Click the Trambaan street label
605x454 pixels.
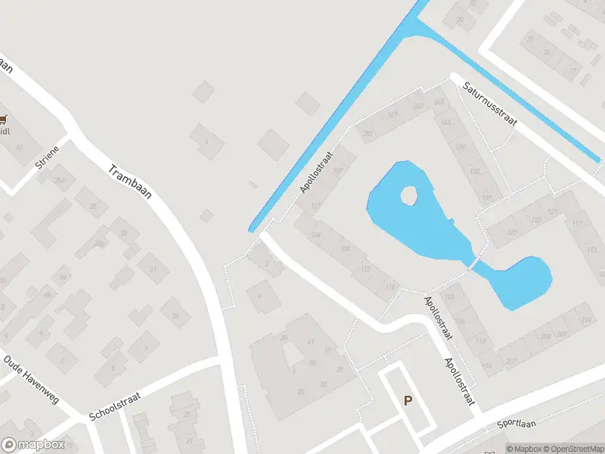(x=131, y=182)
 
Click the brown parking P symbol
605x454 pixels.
(x=408, y=401)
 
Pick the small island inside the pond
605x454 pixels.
(x=409, y=196)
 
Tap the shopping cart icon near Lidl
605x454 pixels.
(x=4, y=119)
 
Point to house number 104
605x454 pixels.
(x=315, y=235)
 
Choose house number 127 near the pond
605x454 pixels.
(x=512, y=232)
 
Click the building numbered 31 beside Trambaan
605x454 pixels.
(x=152, y=269)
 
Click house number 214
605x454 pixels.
(x=585, y=321)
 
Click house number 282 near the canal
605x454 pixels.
(x=368, y=134)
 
